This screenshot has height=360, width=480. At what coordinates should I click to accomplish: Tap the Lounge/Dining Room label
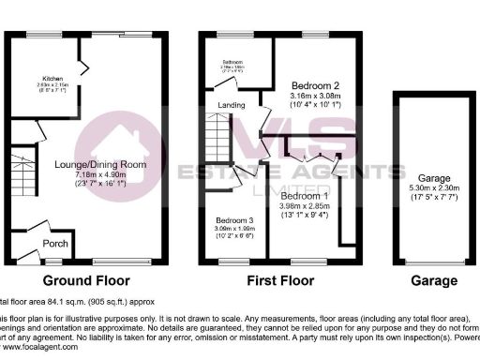99,165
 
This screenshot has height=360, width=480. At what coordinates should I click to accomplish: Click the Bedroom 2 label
314,83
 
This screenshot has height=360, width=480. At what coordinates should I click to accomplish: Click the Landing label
232,104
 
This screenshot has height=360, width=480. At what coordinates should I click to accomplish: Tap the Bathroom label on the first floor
230,64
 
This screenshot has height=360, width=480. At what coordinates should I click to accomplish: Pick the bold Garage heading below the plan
434,280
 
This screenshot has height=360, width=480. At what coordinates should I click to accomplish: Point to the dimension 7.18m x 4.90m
99,175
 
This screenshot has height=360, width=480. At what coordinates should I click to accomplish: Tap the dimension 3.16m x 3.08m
314,95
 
